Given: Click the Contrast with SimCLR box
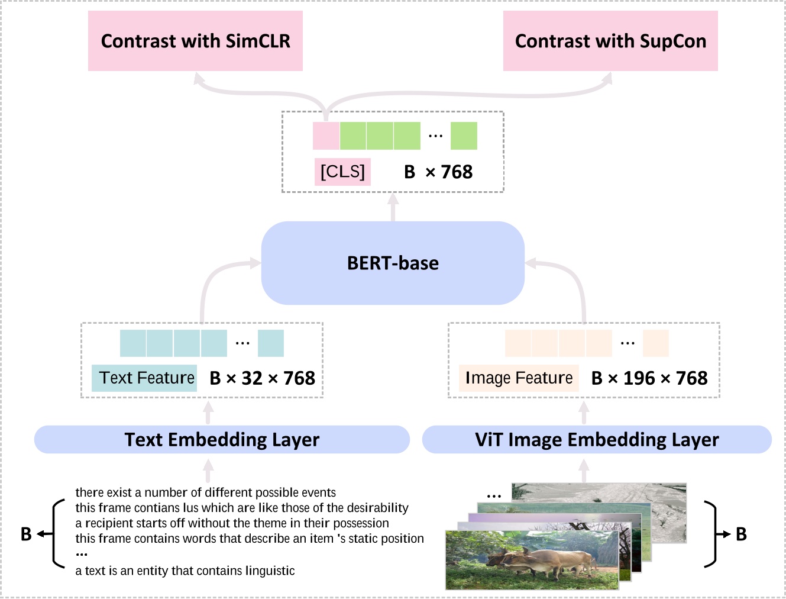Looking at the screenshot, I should point(195,41).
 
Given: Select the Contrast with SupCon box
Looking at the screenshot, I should point(610,41).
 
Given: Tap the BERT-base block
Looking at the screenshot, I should point(393,263).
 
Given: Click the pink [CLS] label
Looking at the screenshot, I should point(342,172).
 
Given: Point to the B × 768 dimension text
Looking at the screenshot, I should point(438,172).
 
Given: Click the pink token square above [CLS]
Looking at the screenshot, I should point(326,136).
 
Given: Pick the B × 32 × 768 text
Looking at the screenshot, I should point(262,378).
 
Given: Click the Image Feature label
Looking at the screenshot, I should point(519,378).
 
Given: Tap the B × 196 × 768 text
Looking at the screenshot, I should point(649,378).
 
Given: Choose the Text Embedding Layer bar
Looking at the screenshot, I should point(222,439).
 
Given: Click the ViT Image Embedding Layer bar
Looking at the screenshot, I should point(597,439).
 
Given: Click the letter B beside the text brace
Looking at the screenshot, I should point(26,534).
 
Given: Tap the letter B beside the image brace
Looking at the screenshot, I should point(741,534).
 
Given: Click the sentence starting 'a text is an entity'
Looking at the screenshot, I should point(185,571).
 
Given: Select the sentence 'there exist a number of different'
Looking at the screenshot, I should point(205,492).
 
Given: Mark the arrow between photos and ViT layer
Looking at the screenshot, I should point(584,471).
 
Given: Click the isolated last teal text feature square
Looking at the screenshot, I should point(271,343).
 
